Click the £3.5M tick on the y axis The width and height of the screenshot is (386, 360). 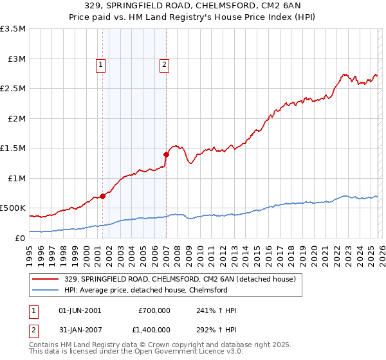13,29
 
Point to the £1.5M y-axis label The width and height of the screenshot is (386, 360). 13,148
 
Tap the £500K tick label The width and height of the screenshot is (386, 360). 13,208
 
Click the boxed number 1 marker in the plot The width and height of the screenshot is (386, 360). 102,64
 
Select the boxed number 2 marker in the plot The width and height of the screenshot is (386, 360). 165,64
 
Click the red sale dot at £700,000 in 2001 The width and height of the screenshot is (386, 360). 102,196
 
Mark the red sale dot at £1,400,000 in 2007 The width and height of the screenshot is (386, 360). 166,154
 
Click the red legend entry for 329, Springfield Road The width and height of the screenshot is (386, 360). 179,279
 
